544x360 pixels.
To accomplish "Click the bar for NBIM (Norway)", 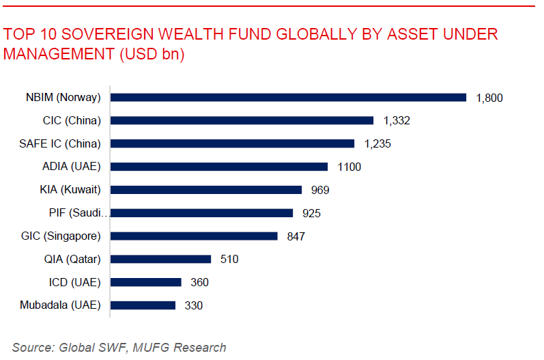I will click(x=288, y=98).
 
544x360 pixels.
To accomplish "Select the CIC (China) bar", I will click(x=242, y=120).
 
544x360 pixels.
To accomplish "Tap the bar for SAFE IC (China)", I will click(x=232, y=143).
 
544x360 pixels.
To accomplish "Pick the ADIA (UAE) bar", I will click(x=219, y=167).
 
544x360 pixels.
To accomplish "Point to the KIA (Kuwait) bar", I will click(x=205, y=190).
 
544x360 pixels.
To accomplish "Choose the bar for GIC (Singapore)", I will click(x=194, y=236).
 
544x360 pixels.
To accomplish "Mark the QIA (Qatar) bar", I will click(x=160, y=259).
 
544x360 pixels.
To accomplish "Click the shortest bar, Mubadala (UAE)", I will click(x=143, y=305).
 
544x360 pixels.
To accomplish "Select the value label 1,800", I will click(x=489, y=98).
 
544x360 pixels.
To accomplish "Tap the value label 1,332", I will click(x=397, y=121).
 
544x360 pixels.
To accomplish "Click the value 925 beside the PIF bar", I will click(x=311, y=213).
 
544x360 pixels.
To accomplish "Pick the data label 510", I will click(x=229, y=260).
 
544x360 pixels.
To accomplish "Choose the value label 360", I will click(x=199, y=283).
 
